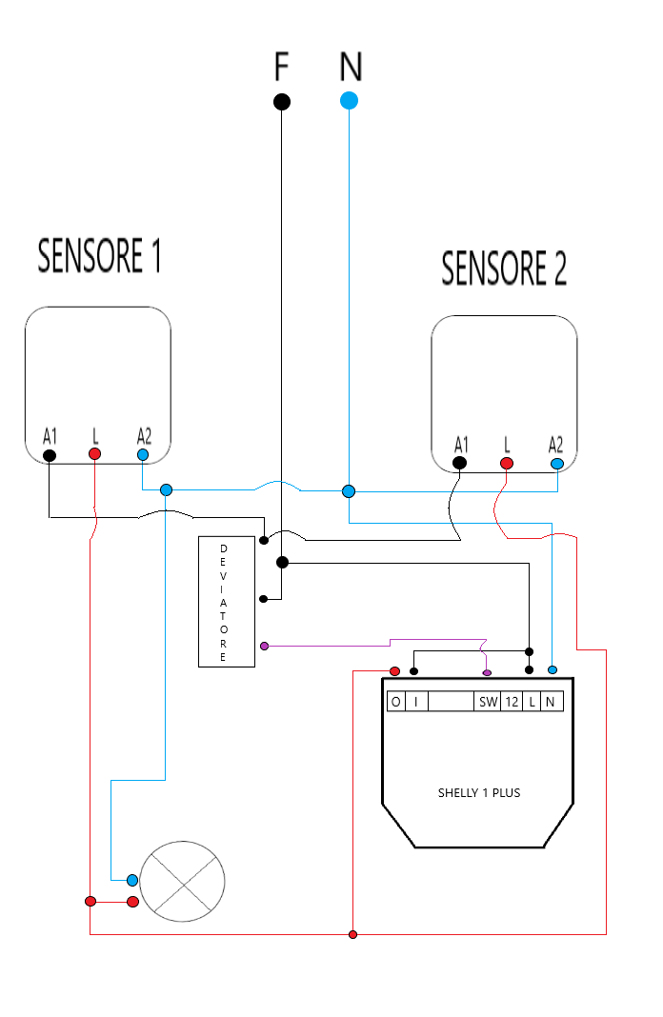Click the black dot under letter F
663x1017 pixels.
pyautogui.click(x=282, y=102)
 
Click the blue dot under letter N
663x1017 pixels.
pyautogui.click(x=350, y=100)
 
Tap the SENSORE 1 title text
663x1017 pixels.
pyautogui.click(x=99, y=256)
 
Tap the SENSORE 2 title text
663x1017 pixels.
pyautogui.click(x=504, y=269)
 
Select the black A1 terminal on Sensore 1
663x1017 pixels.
pyautogui.click(x=50, y=455)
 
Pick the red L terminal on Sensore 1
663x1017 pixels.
pyautogui.click(x=94, y=454)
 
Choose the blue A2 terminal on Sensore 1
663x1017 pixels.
pyautogui.click(x=143, y=455)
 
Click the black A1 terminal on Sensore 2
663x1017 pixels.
pyautogui.click(x=460, y=464)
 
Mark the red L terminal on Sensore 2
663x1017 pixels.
pyautogui.click(x=507, y=464)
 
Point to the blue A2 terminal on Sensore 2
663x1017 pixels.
pyautogui.click(x=557, y=464)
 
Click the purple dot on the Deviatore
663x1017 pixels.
pyautogui.click(x=264, y=647)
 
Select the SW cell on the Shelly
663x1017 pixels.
pyautogui.click(x=488, y=703)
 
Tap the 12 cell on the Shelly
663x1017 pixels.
pyautogui.click(x=512, y=703)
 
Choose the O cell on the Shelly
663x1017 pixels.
pyautogui.click(x=395, y=703)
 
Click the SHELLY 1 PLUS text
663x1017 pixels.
pyautogui.click(x=479, y=792)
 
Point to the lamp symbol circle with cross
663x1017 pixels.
pyautogui.click(x=183, y=882)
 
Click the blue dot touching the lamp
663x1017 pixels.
pyautogui.click(x=132, y=880)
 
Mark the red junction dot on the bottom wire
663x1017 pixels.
pyautogui.click(x=352, y=934)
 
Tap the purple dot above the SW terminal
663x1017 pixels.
pyautogui.click(x=488, y=673)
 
